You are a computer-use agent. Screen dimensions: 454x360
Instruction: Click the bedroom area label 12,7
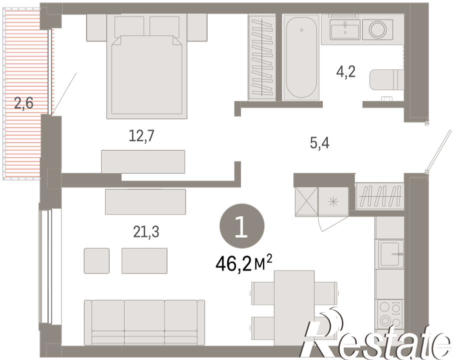pyautogui.click(x=142, y=136)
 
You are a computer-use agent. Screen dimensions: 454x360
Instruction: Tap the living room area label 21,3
pyautogui.click(x=147, y=232)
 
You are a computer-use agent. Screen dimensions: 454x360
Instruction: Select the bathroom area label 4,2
pyautogui.click(x=346, y=72)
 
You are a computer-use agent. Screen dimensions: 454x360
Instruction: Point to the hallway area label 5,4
pyautogui.click(x=320, y=143)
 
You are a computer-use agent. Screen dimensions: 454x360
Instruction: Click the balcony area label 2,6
pyautogui.click(x=24, y=103)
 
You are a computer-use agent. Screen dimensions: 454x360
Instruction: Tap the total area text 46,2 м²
pyautogui.click(x=244, y=264)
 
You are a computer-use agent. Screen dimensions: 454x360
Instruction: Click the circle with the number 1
pyautogui.click(x=242, y=226)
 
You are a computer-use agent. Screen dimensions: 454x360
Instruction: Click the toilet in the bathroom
pyautogui.click(x=386, y=80)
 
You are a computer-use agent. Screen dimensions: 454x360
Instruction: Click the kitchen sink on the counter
pyautogui.click(x=390, y=254)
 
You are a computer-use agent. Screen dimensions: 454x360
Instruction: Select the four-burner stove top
pyautogui.click(x=390, y=314)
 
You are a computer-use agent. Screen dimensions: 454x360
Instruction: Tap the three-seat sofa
pyautogui.click(x=145, y=323)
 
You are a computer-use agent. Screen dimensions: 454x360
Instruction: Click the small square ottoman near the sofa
pyautogui.click(x=97, y=261)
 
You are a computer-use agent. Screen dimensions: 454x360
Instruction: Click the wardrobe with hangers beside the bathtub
pyautogui.click(x=262, y=57)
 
